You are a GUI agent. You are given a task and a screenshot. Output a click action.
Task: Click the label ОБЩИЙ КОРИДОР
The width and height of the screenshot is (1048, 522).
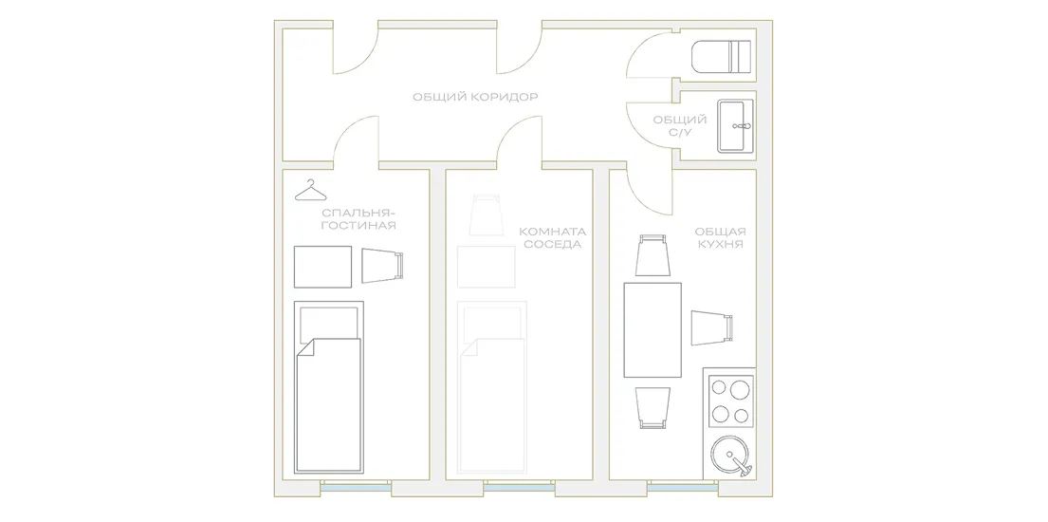[x=475, y=97]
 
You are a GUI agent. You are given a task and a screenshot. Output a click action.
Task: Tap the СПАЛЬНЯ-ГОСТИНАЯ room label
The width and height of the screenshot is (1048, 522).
[x=358, y=219]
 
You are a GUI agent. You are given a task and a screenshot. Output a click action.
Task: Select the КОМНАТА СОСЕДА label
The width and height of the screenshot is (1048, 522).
[x=554, y=237]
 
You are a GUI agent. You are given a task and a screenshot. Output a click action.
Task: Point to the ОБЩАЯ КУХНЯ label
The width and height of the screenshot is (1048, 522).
[x=721, y=237]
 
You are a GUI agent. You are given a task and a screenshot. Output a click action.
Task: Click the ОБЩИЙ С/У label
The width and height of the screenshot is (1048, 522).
[x=680, y=126]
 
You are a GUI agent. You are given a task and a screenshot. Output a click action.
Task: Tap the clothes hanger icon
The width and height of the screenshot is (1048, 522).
[x=312, y=191]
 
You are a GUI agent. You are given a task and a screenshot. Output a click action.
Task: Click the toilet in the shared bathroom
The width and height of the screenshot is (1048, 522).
[x=721, y=56]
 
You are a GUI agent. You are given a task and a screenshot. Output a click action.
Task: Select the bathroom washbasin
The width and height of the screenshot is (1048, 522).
[x=736, y=126]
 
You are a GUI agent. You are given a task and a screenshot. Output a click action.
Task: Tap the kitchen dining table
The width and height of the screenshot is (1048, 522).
[x=653, y=330]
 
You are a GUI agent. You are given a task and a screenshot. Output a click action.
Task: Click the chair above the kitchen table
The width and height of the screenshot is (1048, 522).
[x=653, y=255]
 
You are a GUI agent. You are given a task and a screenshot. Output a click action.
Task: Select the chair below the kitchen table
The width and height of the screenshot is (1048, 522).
[x=653, y=407]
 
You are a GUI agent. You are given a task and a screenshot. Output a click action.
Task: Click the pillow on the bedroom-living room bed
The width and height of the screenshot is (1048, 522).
[x=328, y=324]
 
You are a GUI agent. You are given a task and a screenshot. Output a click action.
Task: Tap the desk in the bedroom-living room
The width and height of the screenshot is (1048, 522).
[x=322, y=267]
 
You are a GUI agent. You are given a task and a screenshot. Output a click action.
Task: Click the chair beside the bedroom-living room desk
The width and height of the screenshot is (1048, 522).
[x=384, y=266]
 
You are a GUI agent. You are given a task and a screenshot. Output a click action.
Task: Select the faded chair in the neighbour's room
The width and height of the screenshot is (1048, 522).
[x=486, y=214]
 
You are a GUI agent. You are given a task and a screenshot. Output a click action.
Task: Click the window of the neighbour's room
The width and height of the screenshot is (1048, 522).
[x=520, y=488]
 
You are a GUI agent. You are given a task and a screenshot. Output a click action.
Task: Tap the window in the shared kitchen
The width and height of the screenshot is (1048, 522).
[x=683, y=488]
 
